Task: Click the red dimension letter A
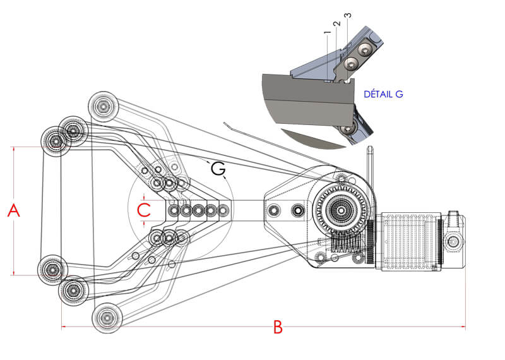pyautogui.click(x=14, y=210)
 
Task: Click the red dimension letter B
pyautogui.click(x=278, y=327)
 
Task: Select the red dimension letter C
pyautogui.click(x=144, y=210)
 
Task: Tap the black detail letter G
pyautogui.click(x=218, y=169)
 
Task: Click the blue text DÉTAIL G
pyautogui.click(x=383, y=94)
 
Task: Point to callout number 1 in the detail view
pyautogui.click(x=327, y=33)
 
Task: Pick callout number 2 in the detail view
pyautogui.click(x=336, y=24)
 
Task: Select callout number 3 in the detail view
pyautogui.click(x=348, y=15)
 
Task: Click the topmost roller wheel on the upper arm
pyautogui.click(x=103, y=106)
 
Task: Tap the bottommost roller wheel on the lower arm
pyautogui.click(x=107, y=318)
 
